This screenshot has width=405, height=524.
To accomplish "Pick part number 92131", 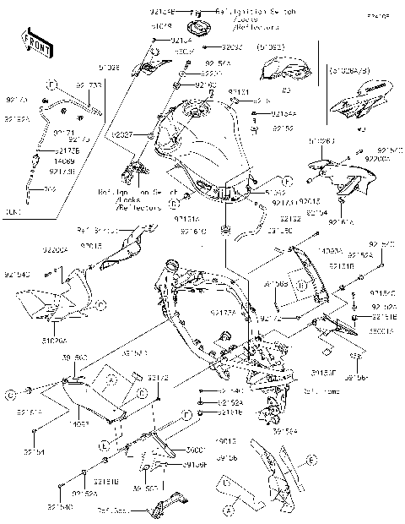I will coord(238,91).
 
